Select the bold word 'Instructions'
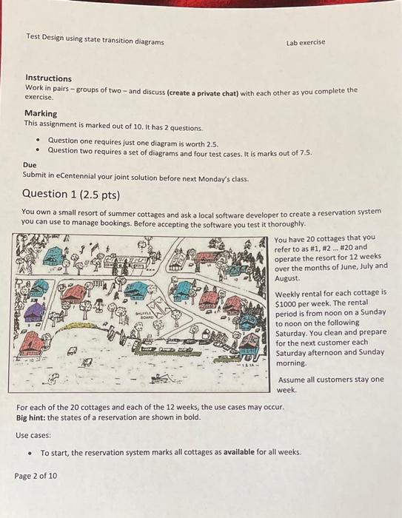[48, 78]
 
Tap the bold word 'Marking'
[41, 113]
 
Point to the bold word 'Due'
[30, 165]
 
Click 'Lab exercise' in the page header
[306, 43]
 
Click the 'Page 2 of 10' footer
[36, 476]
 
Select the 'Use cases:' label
[33, 435]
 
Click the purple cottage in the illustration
[34, 312]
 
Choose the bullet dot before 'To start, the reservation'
[29, 453]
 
